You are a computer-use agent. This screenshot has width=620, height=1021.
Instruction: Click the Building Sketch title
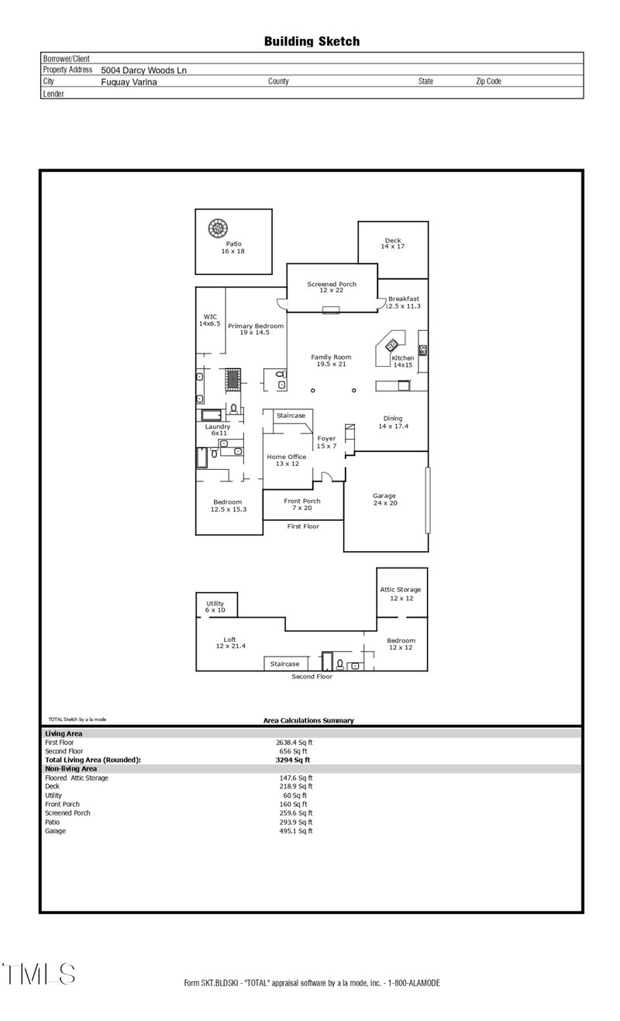click(312, 41)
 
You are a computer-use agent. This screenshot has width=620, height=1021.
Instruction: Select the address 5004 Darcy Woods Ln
click(143, 70)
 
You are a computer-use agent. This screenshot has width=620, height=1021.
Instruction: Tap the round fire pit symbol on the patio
click(218, 229)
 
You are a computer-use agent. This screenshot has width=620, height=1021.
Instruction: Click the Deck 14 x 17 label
click(392, 243)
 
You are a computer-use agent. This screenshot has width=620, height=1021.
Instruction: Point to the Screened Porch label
click(332, 287)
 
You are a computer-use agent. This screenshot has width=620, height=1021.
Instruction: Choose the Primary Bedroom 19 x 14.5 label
click(255, 329)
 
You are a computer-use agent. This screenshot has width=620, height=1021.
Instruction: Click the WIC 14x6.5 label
click(209, 319)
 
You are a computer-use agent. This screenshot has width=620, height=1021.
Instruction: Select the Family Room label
click(332, 360)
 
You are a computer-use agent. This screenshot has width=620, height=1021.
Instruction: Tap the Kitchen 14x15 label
click(403, 361)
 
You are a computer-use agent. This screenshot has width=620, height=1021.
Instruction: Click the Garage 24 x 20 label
click(384, 499)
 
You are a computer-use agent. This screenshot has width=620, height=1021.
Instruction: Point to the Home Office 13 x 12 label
click(287, 460)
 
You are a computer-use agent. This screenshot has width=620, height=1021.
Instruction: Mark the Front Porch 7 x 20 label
click(301, 505)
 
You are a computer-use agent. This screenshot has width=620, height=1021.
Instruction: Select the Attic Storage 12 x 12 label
click(400, 594)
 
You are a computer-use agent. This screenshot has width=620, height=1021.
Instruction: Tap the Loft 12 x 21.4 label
click(230, 643)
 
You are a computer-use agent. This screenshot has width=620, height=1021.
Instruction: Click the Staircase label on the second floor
click(284, 664)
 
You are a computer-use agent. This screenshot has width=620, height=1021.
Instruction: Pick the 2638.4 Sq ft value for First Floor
click(295, 742)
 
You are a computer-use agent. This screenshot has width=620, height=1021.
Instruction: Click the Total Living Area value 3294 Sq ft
click(294, 760)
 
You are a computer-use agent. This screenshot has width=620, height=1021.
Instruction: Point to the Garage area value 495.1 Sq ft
click(295, 830)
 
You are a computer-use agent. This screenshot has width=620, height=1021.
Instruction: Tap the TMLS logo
click(39, 974)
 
